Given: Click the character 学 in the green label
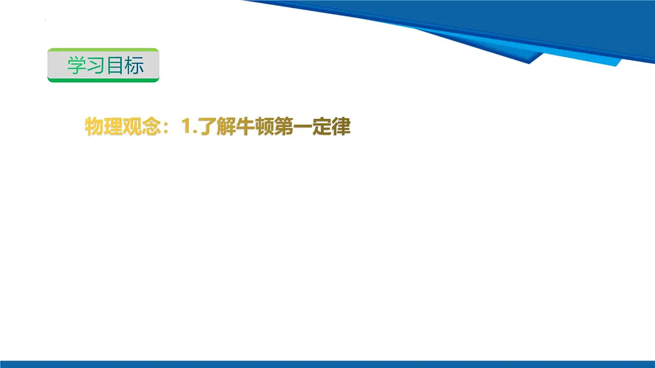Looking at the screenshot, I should [x=77, y=65].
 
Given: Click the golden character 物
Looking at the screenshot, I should [x=94, y=127].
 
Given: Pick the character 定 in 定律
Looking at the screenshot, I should [x=321, y=127].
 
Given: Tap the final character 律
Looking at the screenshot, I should [x=341, y=127].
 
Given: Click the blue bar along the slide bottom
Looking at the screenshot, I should [x=327, y=364].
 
